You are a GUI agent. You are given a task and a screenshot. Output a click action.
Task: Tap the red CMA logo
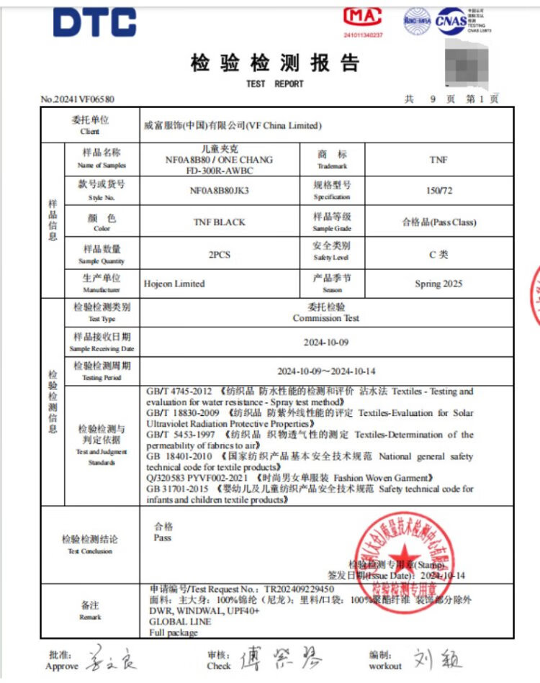point(363,17)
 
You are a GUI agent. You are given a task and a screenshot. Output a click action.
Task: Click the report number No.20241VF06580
point(78,99)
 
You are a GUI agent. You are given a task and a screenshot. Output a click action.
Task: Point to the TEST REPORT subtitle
point(274,83)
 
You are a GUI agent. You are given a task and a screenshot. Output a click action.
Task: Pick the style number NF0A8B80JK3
point(220,191)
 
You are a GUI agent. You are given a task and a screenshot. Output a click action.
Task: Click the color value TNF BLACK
point(220,222)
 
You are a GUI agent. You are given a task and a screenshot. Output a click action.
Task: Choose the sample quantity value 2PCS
point(220,254)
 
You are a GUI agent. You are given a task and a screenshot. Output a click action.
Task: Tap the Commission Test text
point(326,318)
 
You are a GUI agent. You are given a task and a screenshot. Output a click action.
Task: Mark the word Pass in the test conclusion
point(162,538)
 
